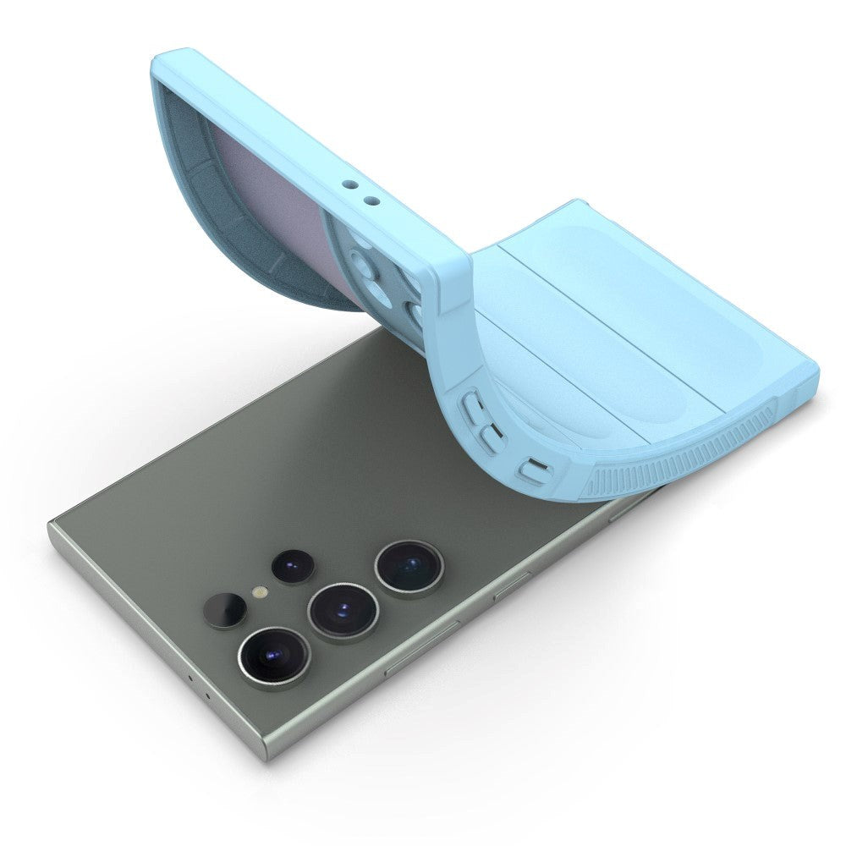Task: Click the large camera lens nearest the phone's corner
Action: coord(273,656)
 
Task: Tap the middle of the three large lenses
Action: coord(342,612)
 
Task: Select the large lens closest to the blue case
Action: coord(409,568)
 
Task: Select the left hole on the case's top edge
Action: coord(348,182)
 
